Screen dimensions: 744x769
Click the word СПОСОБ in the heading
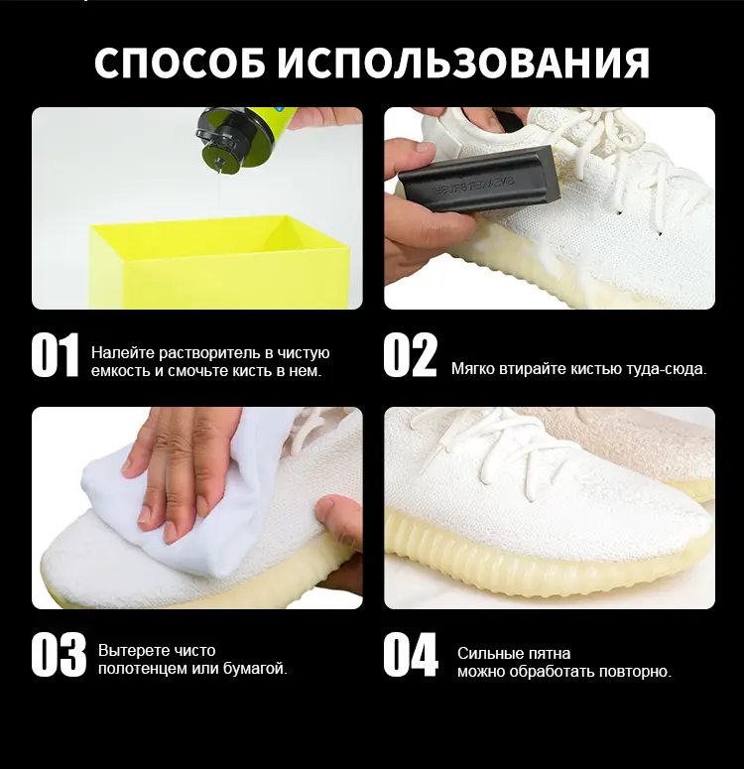[180, 63]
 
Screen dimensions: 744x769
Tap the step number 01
[55, 354]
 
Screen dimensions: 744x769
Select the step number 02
[410, 354]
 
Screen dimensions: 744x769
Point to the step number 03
[59, 655]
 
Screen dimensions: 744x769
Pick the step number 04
[411, 655]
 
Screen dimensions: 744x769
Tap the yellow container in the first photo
[220, 262]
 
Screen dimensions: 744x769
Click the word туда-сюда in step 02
[666, 369]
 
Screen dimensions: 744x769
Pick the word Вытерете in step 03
[128, 651]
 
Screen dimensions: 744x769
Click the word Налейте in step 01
[123, 352]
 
